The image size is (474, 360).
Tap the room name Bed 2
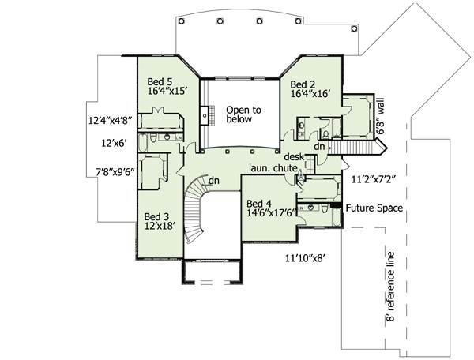tap(304, 84)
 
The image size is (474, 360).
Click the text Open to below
tap(243, 114)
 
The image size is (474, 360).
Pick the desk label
tap(295, 156)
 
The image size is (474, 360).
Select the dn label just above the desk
tap(320, 146)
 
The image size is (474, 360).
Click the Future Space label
tap(374, 208)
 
